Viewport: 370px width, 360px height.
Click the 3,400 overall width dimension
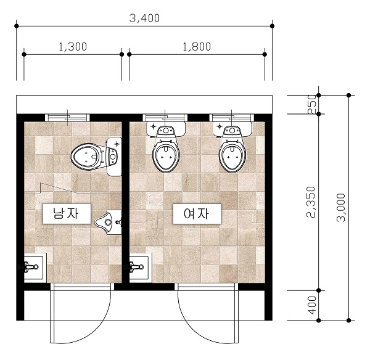coord(144,18)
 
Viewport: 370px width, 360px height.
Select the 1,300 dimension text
coord(73,47)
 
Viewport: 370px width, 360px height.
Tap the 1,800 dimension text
coord(197,47)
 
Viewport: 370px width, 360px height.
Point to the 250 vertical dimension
coord(312,104)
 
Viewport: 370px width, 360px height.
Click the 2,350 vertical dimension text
coord(311,202)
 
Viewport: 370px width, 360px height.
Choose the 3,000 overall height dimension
coord(341,208)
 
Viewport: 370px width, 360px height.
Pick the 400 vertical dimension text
coord(312,305)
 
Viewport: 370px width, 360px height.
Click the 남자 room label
coord(67,214)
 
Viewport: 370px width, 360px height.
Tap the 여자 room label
coord(197,214)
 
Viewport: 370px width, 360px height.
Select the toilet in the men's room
coord(96,157)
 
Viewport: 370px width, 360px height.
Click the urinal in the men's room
coord(108,223)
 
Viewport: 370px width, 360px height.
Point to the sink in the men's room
coord(35,268)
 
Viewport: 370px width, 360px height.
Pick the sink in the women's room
coord(141,268)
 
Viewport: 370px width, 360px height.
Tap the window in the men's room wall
coord(67,118)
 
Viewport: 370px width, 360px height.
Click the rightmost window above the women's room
coord(231,118)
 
